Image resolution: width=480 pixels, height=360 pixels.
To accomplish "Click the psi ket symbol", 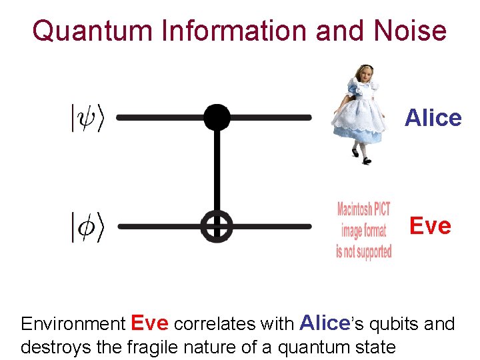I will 88,119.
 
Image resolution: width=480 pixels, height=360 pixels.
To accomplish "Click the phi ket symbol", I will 88,227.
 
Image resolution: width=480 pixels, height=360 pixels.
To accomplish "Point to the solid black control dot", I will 217,117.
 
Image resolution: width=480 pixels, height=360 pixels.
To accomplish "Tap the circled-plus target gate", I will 217,227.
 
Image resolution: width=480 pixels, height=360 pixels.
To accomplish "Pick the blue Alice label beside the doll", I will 433,118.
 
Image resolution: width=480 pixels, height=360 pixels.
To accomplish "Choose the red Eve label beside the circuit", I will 430,226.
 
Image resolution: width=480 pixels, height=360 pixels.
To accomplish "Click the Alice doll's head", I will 364,74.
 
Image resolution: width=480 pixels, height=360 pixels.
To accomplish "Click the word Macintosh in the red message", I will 354,208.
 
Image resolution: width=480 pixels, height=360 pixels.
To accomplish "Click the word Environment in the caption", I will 73,325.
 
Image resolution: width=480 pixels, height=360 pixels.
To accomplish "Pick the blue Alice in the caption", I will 324,323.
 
